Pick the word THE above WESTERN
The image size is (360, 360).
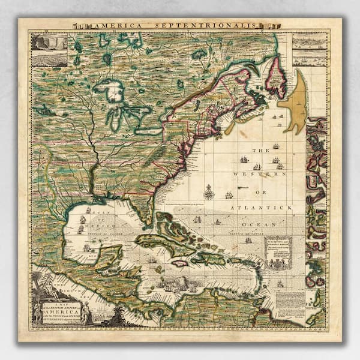click(261, 151)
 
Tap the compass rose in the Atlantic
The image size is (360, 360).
click(209, 193)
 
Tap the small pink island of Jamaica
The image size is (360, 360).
click(180, 263)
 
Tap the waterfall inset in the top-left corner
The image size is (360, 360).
click(50, 43)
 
